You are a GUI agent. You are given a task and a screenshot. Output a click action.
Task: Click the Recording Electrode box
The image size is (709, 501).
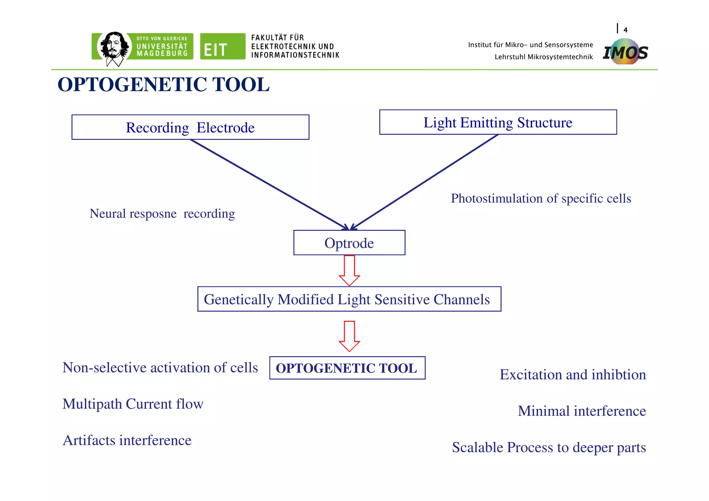click(x=190, y=127)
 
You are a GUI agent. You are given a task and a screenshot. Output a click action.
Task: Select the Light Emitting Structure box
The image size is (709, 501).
click(x=498, y=123)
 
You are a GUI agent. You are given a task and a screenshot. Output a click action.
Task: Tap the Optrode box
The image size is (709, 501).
click(x=349, y=243)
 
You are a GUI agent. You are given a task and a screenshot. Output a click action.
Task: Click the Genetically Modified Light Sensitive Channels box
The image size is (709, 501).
click(x=349, y=299)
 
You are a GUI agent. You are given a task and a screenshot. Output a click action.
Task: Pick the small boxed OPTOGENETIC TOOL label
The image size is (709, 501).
click(x=347, y=368)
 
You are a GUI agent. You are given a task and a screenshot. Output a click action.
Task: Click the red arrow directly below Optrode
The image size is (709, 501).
click(x=349, y=270)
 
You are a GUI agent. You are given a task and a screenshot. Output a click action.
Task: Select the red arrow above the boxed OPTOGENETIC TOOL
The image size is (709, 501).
click(x=349, y=336)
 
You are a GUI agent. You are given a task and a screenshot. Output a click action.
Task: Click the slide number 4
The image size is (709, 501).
click(x=625, y=30)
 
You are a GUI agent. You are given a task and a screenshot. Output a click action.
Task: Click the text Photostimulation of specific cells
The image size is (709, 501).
click(x=541, y=199)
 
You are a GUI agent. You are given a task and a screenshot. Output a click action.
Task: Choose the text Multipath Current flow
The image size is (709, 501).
click(x=133, y=404)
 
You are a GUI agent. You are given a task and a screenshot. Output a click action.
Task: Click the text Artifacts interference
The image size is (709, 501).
click(x=127, y=440)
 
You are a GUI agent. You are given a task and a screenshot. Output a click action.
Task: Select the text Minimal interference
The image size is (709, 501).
click(x=582, y=411)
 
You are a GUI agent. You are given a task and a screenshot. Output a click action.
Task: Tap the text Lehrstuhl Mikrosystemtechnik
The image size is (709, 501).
click(x=544, y=57)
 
